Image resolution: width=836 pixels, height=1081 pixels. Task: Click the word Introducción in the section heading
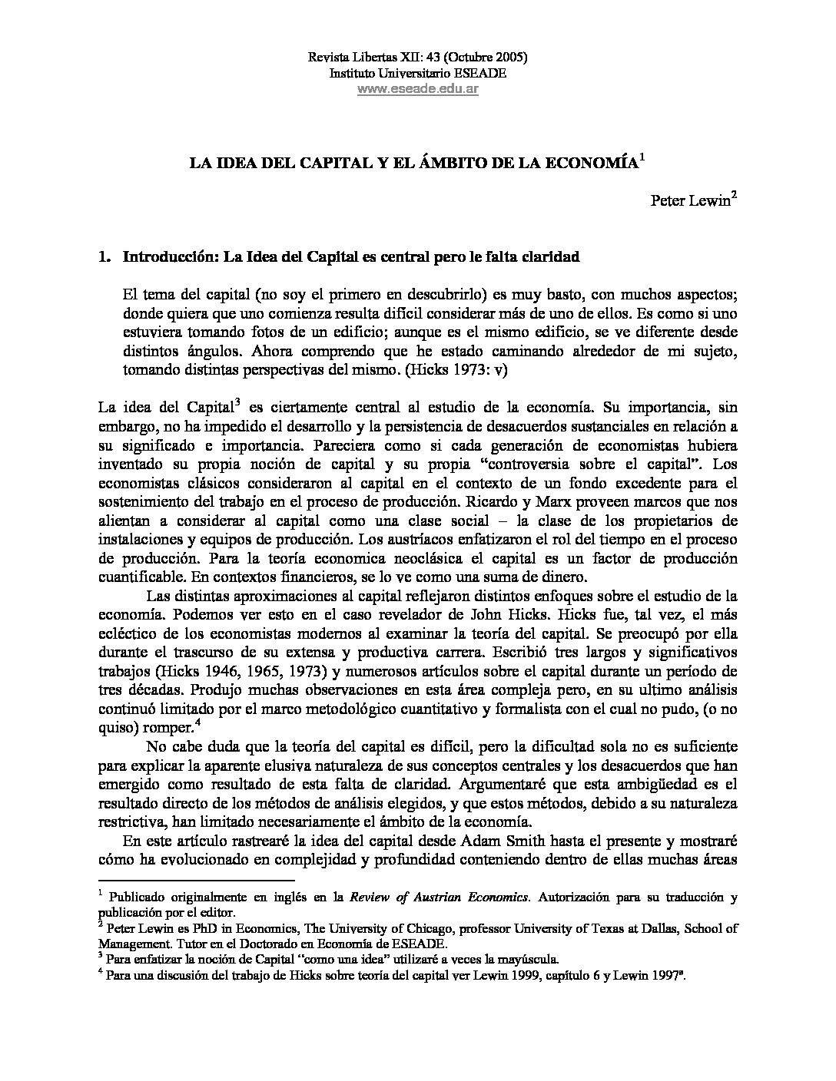[x=171, y=257]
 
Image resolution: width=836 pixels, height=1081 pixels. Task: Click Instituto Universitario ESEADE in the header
[x=417, y=73]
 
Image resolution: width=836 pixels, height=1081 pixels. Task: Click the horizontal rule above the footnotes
[x=197, y=881]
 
